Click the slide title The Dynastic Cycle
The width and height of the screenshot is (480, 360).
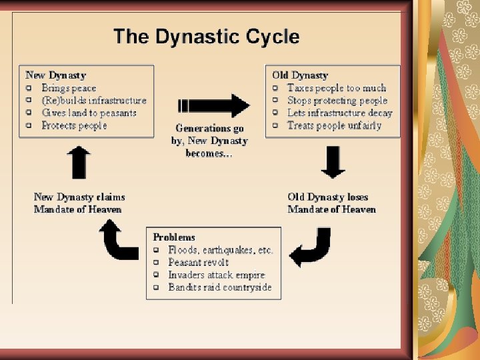[206, 37]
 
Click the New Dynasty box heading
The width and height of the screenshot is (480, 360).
[55, 75]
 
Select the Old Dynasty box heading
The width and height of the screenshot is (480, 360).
[300, 75]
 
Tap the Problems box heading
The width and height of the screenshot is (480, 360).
[174, 237]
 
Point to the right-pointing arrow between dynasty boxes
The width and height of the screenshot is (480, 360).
[214, 105]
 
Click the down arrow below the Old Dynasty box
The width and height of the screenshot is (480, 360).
[333, 162]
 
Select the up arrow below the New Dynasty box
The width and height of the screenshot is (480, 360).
[79, 162]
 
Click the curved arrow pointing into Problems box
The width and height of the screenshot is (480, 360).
[313, 247]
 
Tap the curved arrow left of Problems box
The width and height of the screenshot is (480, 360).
[117, 241]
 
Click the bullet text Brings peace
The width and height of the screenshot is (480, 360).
[69, 88]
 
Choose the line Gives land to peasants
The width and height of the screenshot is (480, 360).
[89, 113]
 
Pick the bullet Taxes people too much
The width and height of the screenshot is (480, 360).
[337, 88]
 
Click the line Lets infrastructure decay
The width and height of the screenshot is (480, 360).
[339, 113]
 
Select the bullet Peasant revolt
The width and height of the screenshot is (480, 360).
[198, 263]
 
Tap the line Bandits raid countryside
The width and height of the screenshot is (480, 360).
[220, 287]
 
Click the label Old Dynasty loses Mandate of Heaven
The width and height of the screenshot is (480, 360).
[331, 203]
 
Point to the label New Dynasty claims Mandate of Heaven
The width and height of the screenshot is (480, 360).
[79, 203]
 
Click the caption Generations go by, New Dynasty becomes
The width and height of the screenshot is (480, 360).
[209, 140]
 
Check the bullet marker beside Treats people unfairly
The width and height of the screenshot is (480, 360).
[275, 125]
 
